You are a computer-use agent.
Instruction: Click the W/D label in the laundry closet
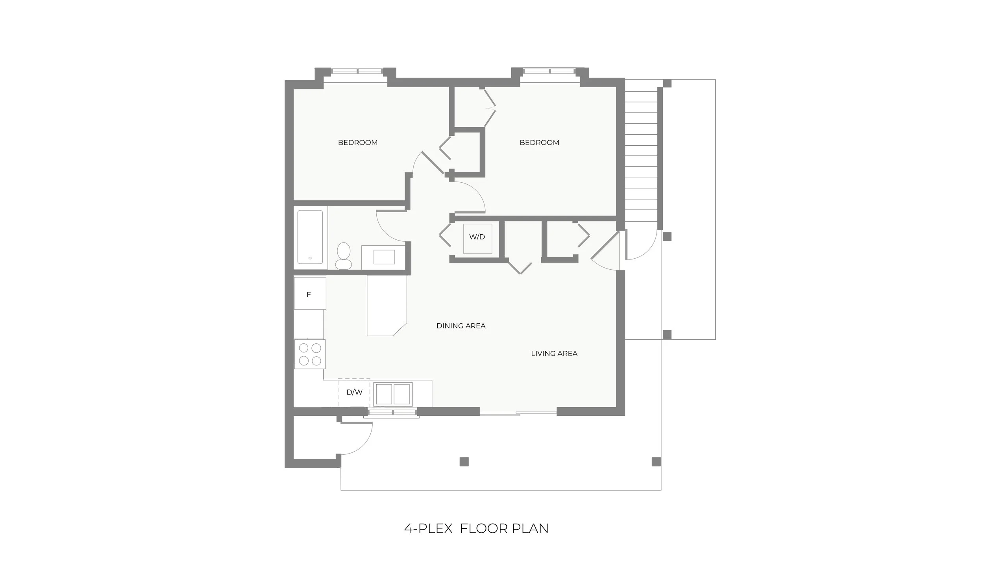point(477,237)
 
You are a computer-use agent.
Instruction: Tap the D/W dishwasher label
point(354,392)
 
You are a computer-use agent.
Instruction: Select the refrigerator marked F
point(309,294)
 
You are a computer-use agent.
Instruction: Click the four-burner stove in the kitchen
point(310,354)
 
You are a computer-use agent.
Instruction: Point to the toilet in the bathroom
point(344,256)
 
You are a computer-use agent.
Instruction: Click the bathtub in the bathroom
point(310,237)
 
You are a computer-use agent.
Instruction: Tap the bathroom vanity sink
point(384,257)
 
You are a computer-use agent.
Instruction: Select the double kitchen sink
point(393,394)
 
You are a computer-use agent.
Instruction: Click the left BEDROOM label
point(358,143)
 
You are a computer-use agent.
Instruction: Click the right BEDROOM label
point(539,143)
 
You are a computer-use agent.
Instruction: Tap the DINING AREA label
point(461,326)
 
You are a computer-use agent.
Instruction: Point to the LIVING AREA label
point(554,354)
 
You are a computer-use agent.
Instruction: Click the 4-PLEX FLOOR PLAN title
point(476,528)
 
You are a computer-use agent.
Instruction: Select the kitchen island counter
point(386,306)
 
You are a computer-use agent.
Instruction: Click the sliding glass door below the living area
point(518,412)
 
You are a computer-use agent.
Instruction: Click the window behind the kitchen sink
point(392,412)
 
